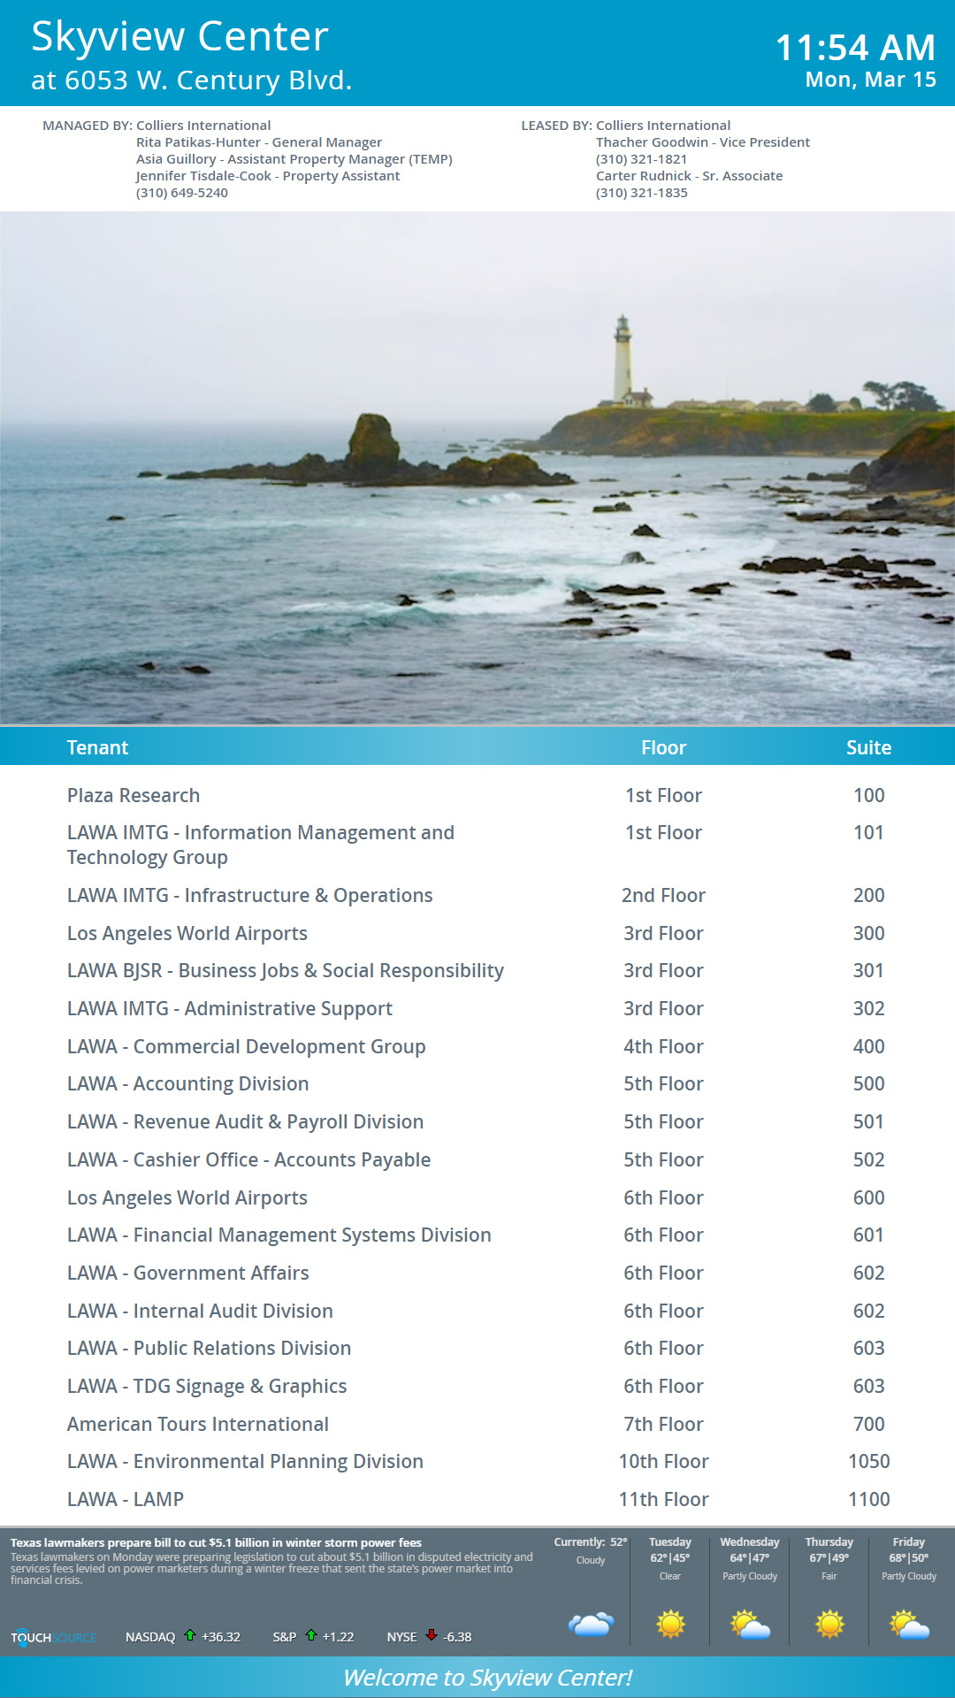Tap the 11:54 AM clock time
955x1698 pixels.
[x=854, y=48]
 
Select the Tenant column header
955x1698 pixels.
[x=97, y=747]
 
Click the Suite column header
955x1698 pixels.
[x=868, y=747]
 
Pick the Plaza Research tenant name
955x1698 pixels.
[x=134, y=795]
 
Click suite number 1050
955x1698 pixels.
[x=868, y=1461]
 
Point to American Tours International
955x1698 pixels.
[x=198, y=1424]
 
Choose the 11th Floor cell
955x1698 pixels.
[x=663, y=1499]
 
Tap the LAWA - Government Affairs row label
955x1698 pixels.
[x=188, y=1273]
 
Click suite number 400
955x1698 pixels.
[x=868, y=1046]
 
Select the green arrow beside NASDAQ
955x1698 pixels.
[x=189, y=1635]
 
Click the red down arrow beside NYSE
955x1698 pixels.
[x=432, y=1635]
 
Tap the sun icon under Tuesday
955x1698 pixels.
[x=670, y=1624]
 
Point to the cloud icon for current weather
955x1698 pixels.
[x=591, y=1624]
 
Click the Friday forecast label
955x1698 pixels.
[x=908, y=1541]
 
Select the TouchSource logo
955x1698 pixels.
[x=53, y=1637]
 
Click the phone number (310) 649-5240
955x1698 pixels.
[x=182, y=193]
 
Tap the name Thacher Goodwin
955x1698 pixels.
[x=652, y=142]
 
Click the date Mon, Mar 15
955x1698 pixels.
[x=870, y=80]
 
